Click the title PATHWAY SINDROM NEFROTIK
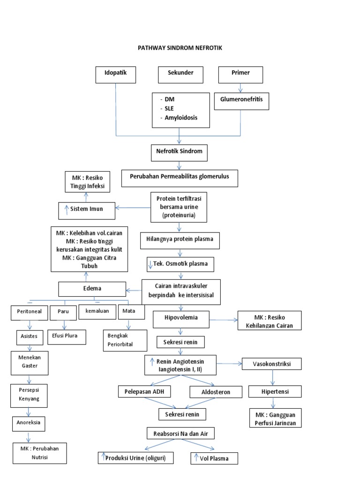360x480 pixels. pyautogui.click(x=180, y=48)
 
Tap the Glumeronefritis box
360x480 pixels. pyautogui.click(x=241, y=100)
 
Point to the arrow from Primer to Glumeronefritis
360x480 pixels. pyautogui.click(x=240, y=88)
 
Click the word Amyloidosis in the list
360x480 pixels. pyautogui.click(x=180, y=118)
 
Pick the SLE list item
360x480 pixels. pyautogui.click(x=169, y=108)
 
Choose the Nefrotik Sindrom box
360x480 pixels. pyautogui.click(x=179, y=152)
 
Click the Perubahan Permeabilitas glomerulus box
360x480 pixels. pyautogui.click(x=180, y=178)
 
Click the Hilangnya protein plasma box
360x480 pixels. pyautogui.click(x=180, y=239)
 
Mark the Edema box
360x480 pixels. pyautogui.click(x=92, y=289)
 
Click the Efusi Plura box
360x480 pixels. pyautogui.click(x=66, y=336)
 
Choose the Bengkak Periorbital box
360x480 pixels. pyautogui.click(x=121, y=340)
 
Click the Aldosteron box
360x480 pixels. pyautogui.click(x=216, y=392)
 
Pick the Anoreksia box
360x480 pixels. pyautogui.click(x=30, y=423)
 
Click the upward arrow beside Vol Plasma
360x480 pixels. pyautogui.click(x=196, y=458)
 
